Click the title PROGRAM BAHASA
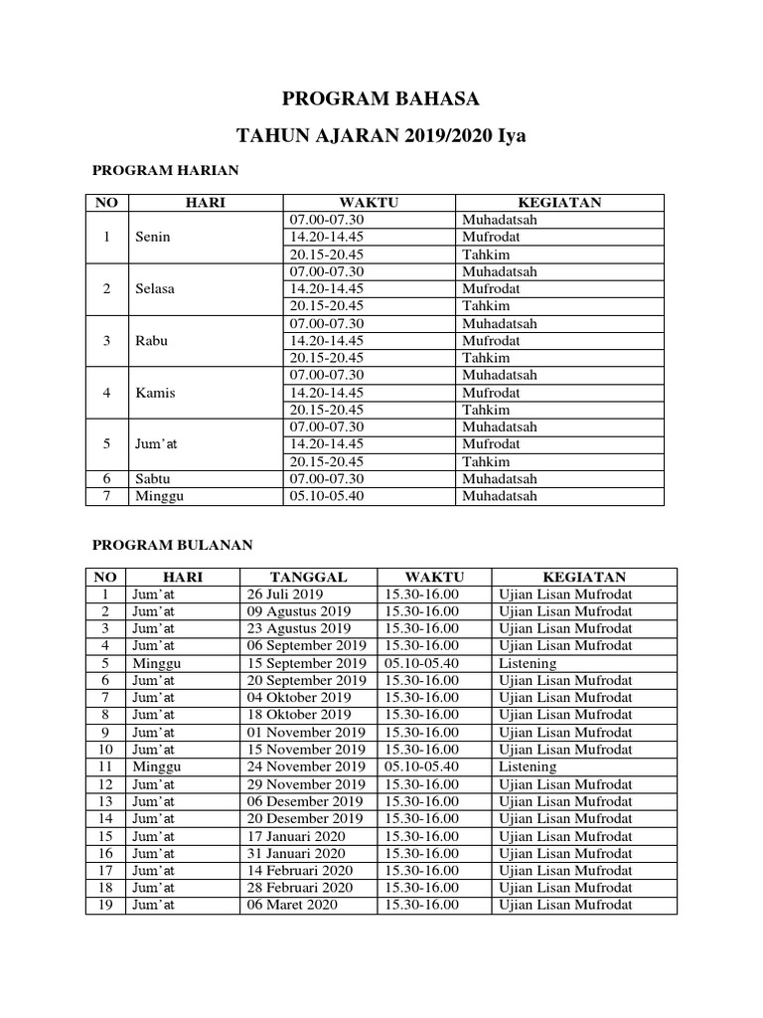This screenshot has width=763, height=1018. [x=381, y=98]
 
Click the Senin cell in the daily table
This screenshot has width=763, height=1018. [x=153, y=237]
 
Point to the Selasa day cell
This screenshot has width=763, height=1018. [x=155, y=288]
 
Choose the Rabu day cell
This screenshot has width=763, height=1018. [x=152, y=340]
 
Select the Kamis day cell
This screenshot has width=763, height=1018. [x=155, y=392]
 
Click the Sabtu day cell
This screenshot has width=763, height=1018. [x=153, y=478]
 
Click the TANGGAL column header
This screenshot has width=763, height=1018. [x=309, y=577]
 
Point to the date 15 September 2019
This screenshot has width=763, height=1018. [x=306, y=663]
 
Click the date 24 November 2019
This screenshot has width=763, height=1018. [x=306, y=766]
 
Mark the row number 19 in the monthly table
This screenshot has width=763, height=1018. [x=105, y=905]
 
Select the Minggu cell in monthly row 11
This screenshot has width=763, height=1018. [x=157, y=766]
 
